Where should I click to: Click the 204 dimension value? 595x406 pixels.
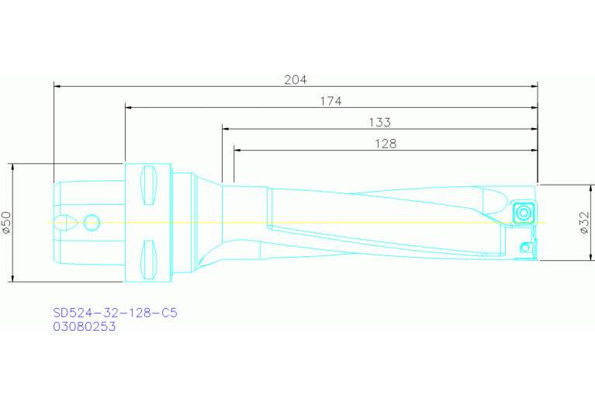pos(296,79)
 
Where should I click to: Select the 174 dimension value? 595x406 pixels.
pos(330,101)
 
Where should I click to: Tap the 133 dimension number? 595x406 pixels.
pos(379,122)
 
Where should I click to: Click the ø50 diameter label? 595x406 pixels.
pos(7,223)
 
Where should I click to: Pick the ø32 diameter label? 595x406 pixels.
pos(584,223)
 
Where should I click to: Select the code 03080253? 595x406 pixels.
pos(84,327)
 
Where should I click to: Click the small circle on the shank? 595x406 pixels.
pos(92,223)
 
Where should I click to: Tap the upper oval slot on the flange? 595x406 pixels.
pos(149,186)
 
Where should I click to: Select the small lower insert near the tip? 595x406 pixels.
pos(526,248)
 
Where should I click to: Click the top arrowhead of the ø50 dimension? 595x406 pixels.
pos(14,168)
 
